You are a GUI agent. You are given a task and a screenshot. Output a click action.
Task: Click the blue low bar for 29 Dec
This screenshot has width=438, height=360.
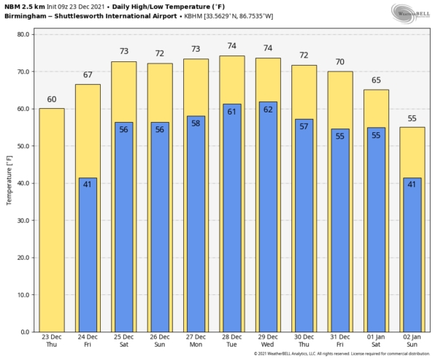coord(268,219)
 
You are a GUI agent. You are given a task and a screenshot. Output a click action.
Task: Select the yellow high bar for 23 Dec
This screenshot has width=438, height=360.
coord(52,219)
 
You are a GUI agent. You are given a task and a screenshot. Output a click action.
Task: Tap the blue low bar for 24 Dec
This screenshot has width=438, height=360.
coord(88,256)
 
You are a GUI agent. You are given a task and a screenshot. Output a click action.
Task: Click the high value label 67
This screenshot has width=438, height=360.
coord(88,74)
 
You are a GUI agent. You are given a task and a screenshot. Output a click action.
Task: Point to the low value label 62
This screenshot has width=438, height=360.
coord(268,109)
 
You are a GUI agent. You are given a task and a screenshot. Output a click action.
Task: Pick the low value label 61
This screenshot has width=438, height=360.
coord(232,111)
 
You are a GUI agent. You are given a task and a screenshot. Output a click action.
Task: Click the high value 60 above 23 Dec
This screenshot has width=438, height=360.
coord(52,99)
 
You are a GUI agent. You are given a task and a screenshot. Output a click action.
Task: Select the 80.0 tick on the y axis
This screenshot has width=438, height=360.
coord(23,34)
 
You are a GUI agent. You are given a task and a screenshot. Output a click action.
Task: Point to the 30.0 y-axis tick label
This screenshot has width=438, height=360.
coord(23,221)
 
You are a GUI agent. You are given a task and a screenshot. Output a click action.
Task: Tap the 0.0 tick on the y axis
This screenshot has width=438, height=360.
coord(25,332)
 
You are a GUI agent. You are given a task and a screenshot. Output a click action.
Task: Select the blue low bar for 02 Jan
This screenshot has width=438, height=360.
coord(412,256)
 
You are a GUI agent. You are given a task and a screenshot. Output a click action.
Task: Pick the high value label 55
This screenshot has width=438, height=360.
coord(412,118)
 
